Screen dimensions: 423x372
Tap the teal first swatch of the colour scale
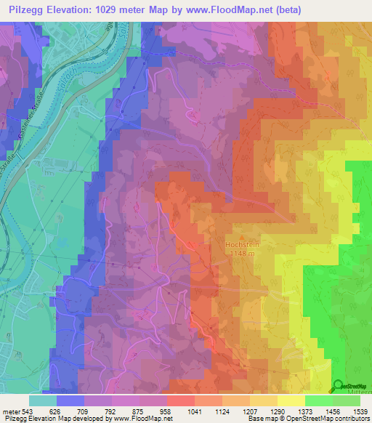click(43, 400)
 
